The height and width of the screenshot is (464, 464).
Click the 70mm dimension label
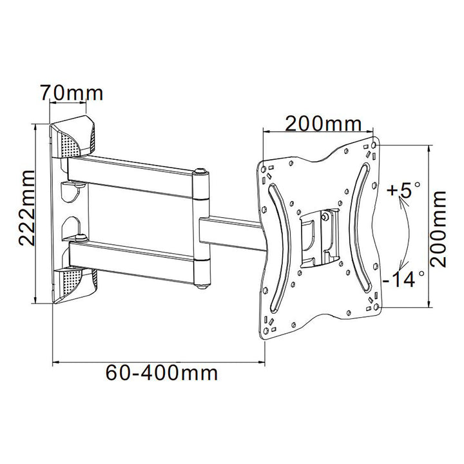click(71, 93)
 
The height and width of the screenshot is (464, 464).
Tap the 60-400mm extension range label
click(162, 372)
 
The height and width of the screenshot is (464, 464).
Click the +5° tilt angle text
click(402, 191)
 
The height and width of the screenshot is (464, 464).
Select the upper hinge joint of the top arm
click(202, 174)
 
